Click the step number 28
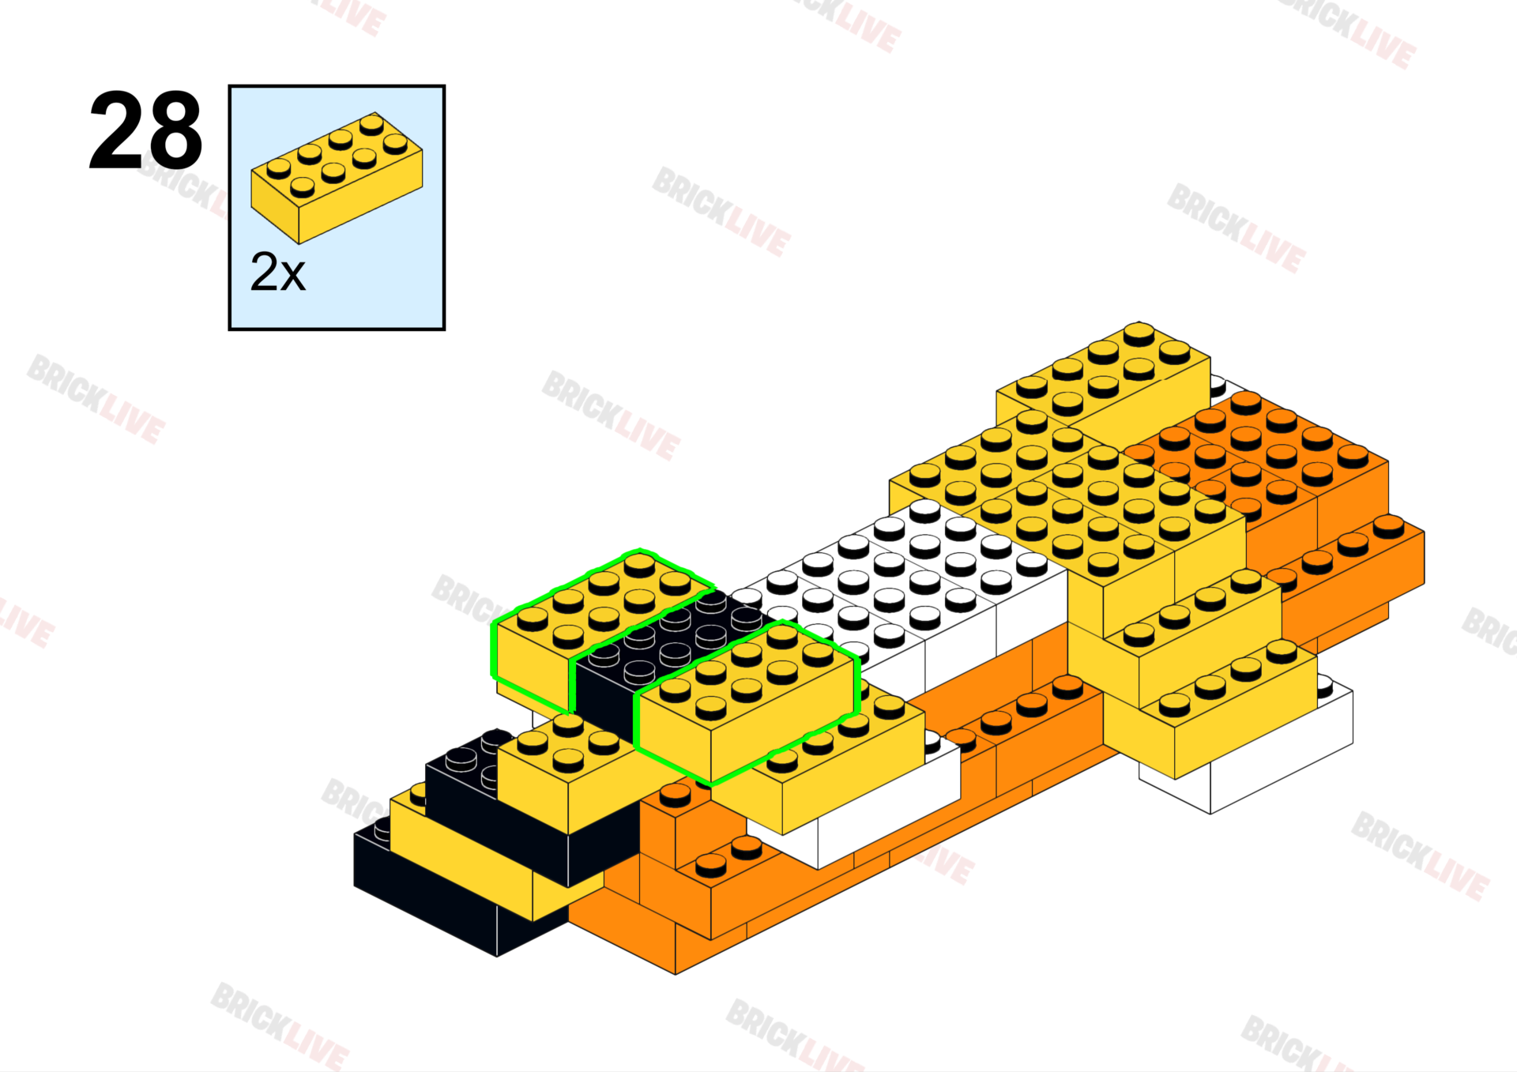(x=146, y=130)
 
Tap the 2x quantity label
(x=277, y=273)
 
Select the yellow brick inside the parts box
(x=336, y=178)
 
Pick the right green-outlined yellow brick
(x=747, y=703)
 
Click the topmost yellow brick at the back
(x=1106, y=379)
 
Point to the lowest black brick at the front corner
(x=427, y=893)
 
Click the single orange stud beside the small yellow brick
(x=675, y=794)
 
